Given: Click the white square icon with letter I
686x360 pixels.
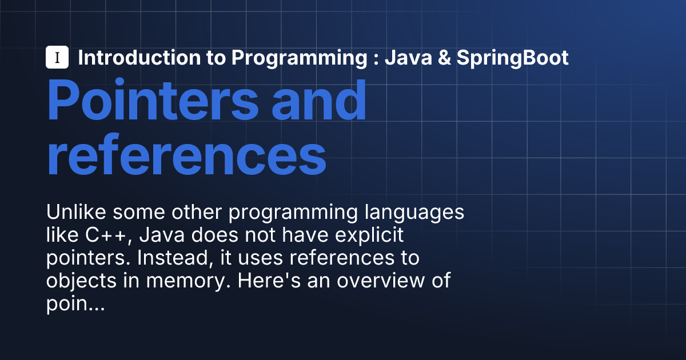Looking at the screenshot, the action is coord(57,57).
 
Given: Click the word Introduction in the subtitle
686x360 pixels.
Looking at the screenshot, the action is coord(139,58).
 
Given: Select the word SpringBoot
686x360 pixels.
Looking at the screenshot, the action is coord(512,58).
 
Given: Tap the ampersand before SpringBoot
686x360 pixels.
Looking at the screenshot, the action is coord(444,58).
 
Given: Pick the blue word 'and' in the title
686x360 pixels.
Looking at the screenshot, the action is coord(318,100).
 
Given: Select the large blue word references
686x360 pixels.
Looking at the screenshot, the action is coord(186,155).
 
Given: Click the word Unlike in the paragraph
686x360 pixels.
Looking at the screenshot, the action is coord(76,212).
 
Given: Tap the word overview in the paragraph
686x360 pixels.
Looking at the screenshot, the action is coord(381,281).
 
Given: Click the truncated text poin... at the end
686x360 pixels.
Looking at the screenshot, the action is coord(75,304).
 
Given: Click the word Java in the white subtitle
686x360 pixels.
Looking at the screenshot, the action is coord(408,58).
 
